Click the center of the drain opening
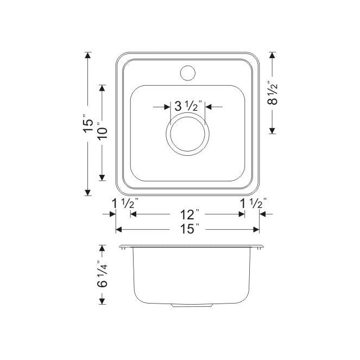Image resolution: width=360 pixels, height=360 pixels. [x=187, y=134]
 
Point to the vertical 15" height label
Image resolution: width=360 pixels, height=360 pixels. [x=88, y=123]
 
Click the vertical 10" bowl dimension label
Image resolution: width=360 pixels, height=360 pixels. [x=102, y=131]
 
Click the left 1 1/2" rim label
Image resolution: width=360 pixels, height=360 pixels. [x=125, y=203]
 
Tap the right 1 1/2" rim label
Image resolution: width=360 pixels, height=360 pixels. [x=253, y=203]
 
